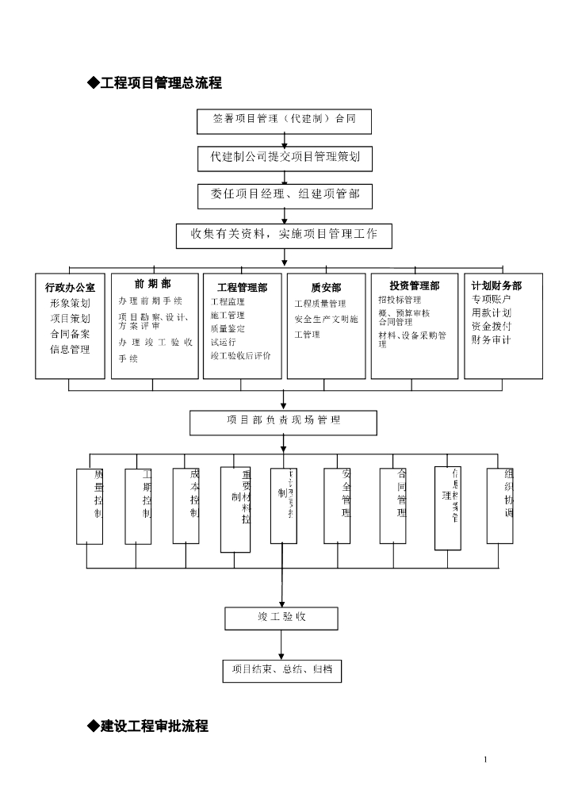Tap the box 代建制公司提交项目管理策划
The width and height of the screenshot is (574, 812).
pyautogui.click(x=285, y=158)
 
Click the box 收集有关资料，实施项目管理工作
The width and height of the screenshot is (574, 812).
pyautogui.click(x=284, y=235)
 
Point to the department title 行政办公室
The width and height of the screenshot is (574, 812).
pyautogui.click(x=70, y=288)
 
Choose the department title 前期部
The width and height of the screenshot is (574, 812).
pyautogui.click(x=152, y=284)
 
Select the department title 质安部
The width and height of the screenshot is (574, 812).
pyautogui.click(x=325, y=288)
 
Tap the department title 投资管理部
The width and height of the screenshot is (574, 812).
pyautogui.click(x=414, y=286)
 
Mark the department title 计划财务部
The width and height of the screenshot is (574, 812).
pyautogui.click(x=496, y=286)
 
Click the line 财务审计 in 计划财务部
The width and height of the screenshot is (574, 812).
pyautogui.click(x=492, y=340)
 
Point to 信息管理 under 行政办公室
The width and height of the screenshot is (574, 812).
pyautogui.click(x=70, y=350)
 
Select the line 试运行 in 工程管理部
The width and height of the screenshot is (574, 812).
pyautogui.click(x=223, y=342)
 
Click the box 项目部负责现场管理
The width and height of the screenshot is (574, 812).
pyautogui.click(x=283, y=422)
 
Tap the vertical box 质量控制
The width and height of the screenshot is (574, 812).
pyautogui.click(x=90, y=506)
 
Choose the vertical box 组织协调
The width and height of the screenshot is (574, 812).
pyautogui.click(x=499, y=506)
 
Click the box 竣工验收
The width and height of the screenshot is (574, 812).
pyautogui.click(x=281, y=618)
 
